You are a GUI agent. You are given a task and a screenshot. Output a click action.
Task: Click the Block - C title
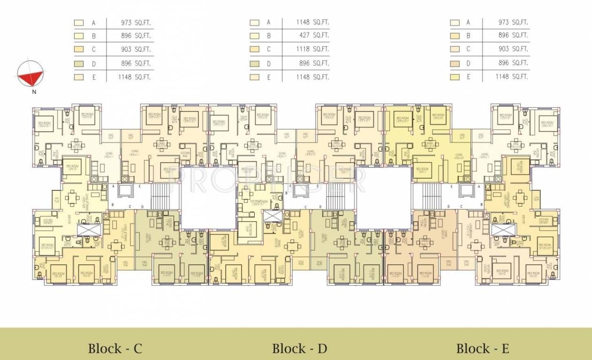pos(115,349)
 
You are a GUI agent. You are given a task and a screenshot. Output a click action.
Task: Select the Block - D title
pos(299,349)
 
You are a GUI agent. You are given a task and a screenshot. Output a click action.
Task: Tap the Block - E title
pos(483,349)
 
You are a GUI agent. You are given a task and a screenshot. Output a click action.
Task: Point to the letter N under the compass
pos(34,92)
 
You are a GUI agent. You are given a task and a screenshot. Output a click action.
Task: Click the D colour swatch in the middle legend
pos(255,63)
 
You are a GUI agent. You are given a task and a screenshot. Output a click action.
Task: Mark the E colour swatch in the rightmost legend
pos(455,77)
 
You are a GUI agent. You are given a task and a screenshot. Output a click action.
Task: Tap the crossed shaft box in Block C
pos(89,230)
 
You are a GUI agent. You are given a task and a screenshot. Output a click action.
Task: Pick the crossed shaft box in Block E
pos(503,230)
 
